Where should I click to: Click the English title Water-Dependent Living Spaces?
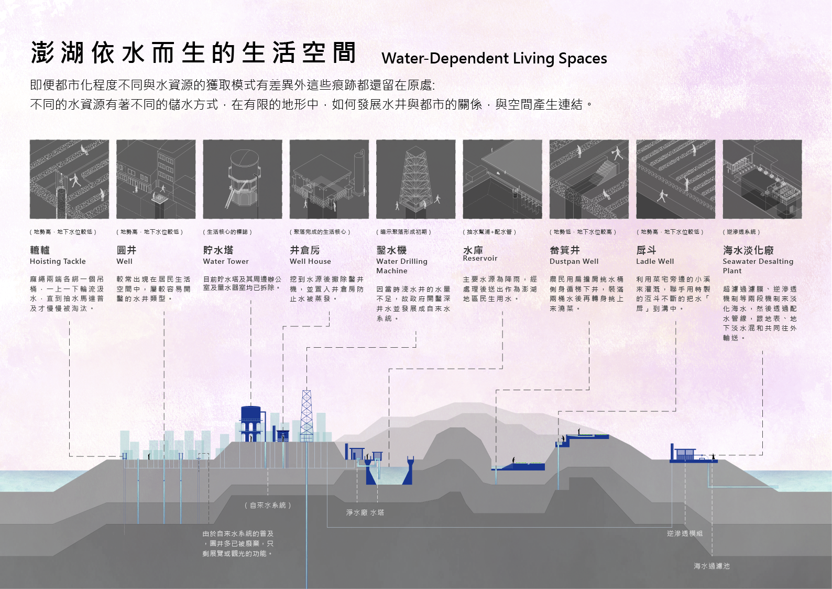(x=494, y=58)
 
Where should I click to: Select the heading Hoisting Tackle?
(x=58, y=261)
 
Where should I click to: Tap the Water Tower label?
(x=226, y=261)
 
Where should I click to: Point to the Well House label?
(x=310, y=261)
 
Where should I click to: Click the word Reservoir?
(x=480, y=258)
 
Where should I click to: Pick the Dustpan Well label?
(x=574, y=261)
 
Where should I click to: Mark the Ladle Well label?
(x=655, y=261)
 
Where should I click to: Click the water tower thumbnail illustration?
(x=243, y=179)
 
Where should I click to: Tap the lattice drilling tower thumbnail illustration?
(x=415, y=179)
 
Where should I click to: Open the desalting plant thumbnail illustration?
(x=762, y=179)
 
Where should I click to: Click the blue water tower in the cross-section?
(x=250, y=423)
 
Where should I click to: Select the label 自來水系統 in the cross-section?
(x=268, y=506)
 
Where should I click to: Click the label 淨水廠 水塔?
(x=365, y=512)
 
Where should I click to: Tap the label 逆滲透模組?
(x=685, y=533)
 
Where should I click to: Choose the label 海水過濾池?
(x=711, y=566)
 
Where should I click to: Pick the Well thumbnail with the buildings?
(x=156, y=179)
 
